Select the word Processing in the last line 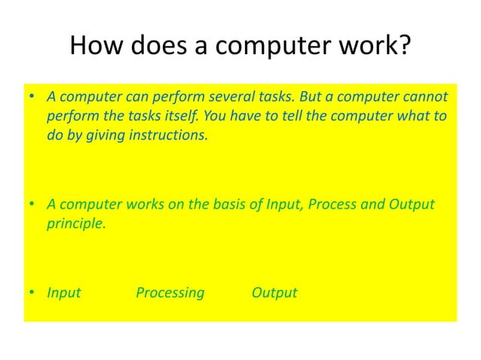pos(170,292)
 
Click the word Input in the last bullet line pos(64,292)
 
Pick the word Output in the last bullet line pos(274,292)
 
